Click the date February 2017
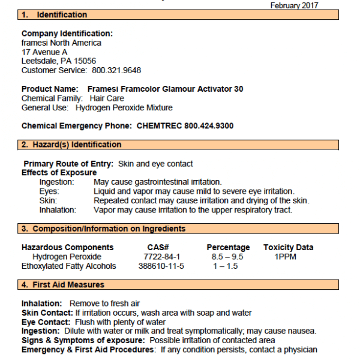(x=295, y=5)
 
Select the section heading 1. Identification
(x=54, y=14)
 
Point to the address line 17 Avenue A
(x=44, y=52)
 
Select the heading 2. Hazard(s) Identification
(x=71, y=145)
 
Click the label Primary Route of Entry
(x=68, y=164)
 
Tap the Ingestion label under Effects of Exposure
(x=57, y=182)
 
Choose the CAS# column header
(x=158, y=247)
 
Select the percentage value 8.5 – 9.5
(x=227, y=257)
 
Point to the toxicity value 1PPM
(x=286, y=257)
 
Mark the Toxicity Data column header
(x=288, y=247)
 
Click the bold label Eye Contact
(x=45, y=322)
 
